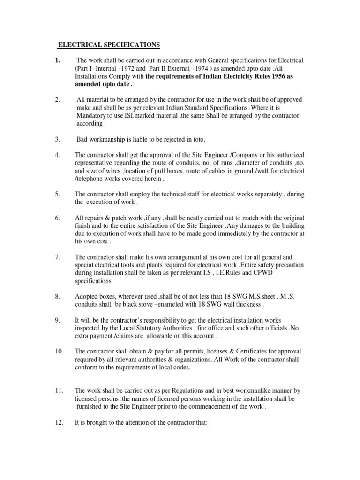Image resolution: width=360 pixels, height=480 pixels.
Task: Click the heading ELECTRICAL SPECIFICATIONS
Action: (109, 45)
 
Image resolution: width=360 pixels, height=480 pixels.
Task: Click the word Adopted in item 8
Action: (87, 297)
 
